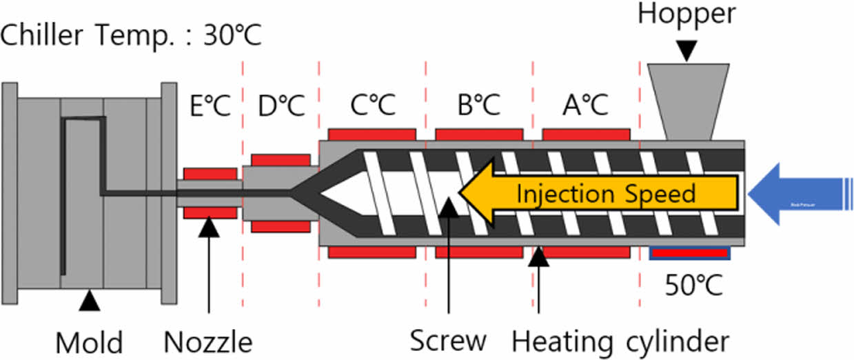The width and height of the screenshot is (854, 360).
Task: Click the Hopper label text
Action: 687,13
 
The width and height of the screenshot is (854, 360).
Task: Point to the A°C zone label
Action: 585,106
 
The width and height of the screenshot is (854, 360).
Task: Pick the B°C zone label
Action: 479,106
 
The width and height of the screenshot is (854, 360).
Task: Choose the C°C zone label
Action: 372,106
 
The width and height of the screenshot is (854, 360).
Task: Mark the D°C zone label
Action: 281,106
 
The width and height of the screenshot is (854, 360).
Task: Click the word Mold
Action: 89,342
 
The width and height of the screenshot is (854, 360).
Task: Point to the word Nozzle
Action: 208,341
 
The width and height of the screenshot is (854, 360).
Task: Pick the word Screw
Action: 448,341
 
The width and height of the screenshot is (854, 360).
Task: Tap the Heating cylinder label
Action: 620,341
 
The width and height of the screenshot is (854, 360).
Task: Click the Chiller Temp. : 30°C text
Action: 131,35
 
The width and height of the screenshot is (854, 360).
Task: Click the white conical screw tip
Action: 345,194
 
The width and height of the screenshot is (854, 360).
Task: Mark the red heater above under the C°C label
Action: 372,134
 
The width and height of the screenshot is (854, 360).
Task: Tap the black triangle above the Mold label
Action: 89,299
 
